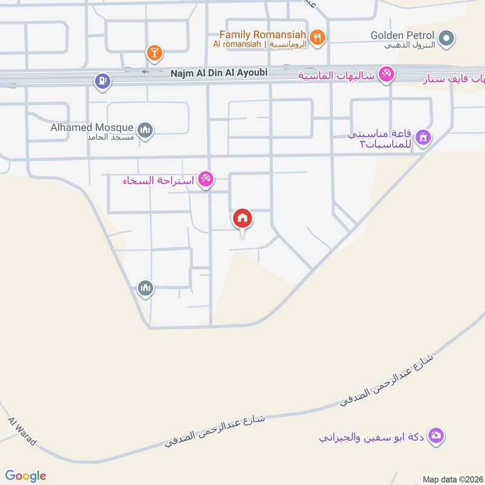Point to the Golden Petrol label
[403, 35]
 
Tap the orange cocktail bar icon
[155, 53]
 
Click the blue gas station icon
[102, 80]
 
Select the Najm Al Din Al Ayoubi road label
[218, 72]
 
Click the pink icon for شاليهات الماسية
[385, 75]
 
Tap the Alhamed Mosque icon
[145, 130]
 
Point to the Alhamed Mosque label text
[92, 127]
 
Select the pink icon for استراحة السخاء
[206, 179]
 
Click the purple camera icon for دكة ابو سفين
[436, 435]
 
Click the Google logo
[25, 475]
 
